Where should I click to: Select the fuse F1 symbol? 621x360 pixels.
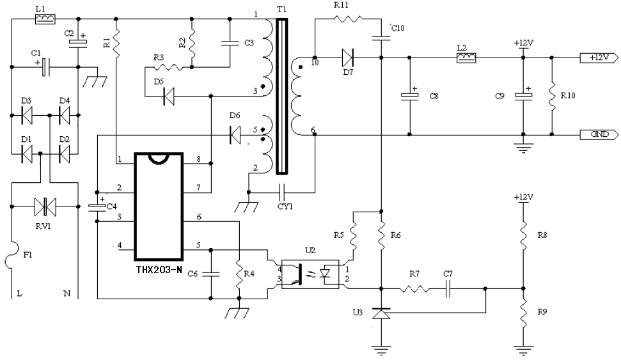[12, 260]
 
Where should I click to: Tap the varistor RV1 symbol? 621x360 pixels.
[45, 207]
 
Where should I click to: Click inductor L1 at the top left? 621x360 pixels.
[42, 20]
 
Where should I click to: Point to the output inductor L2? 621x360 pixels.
[465, 59]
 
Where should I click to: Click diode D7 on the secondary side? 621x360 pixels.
[348, 58]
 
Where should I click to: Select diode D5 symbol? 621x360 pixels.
[170, 97]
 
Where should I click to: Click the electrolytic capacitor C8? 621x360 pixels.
[410, 97]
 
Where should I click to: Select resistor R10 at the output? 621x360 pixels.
[551, 97]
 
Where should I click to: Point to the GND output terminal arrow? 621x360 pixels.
[599, 134]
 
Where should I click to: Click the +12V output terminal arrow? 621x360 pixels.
[599, 58]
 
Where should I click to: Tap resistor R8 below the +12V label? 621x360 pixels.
[523, 236]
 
